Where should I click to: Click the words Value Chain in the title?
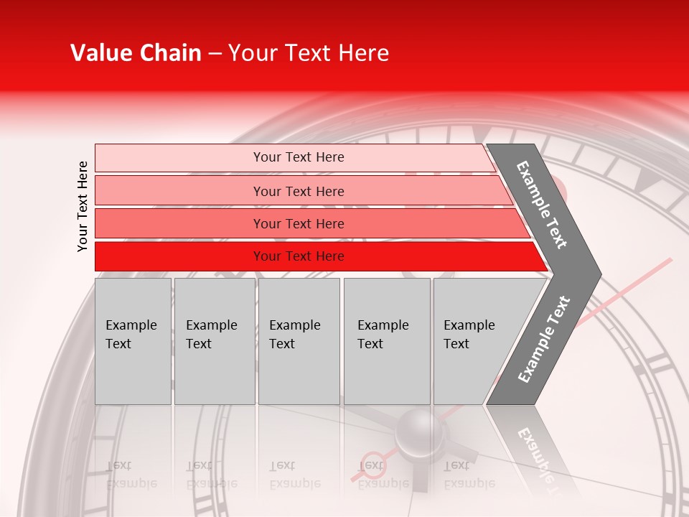click(x=136, y=53)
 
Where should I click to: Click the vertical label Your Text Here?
click(x=83, y=206)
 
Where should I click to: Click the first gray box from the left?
click(x=133, y=341)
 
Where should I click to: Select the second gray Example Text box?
click(x=214, y=341)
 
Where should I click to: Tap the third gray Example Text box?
click(x=299, y=341)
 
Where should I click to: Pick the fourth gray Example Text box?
click(x=387, y=341)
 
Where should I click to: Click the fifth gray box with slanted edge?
click(x=477, y=341)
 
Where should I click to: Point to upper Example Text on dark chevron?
click(x=542, y=205)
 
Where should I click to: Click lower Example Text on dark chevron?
click(x=544, y=340)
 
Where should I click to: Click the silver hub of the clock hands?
click(x=421, y=433)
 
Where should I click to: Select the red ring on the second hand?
click(x=372, y=463)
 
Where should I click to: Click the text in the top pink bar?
click(x=299, y=157)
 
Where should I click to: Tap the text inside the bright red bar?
click(x=299, y=256)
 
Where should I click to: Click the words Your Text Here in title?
click(x=309, y=53)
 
